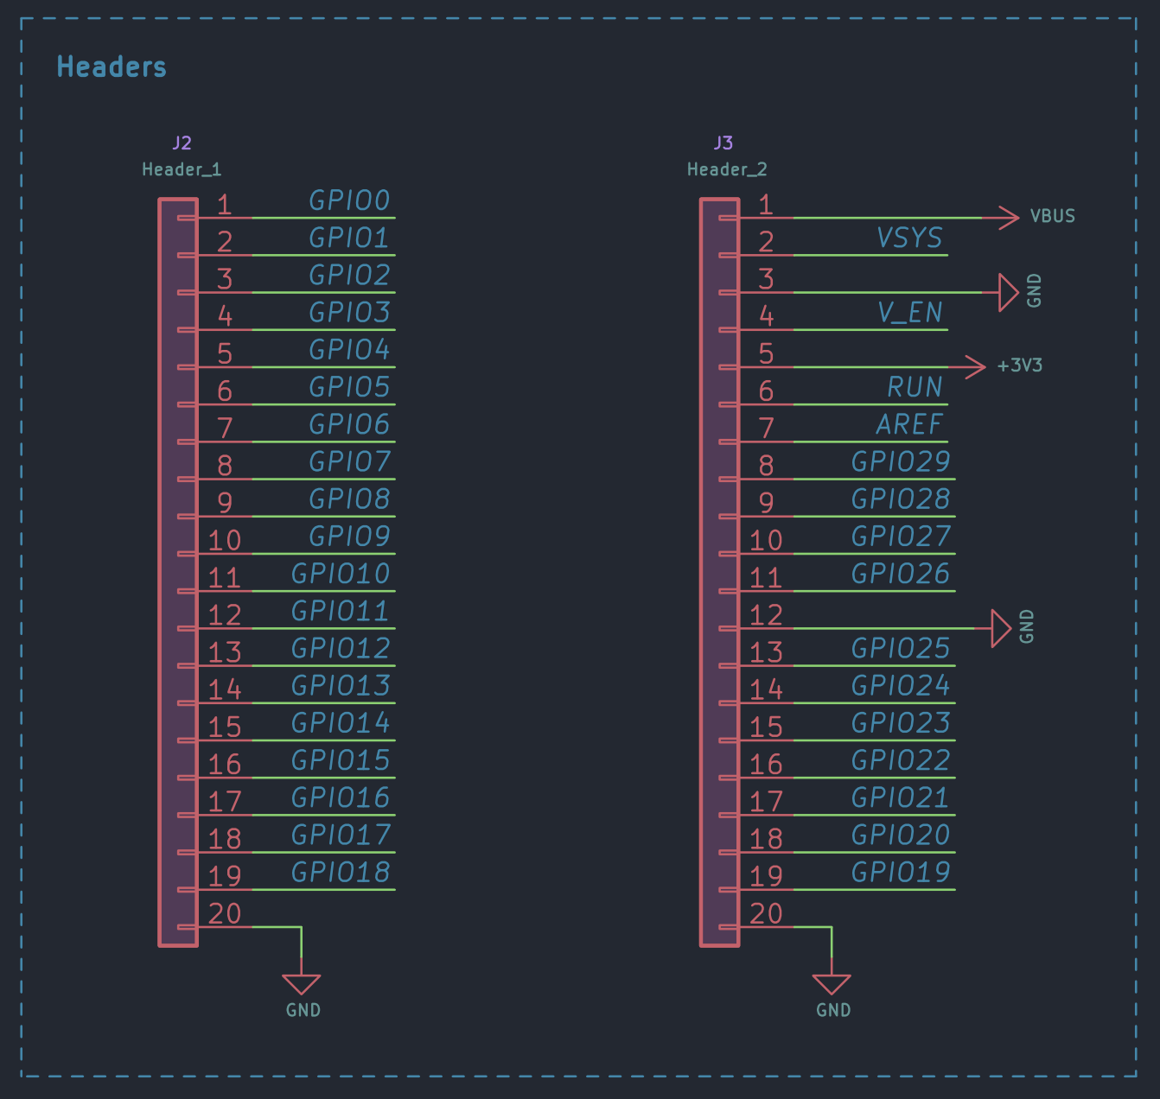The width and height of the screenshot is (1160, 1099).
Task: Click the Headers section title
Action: click(x=112, y=67)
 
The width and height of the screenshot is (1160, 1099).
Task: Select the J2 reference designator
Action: click(x=182, y=143)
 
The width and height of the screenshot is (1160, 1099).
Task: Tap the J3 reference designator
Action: click(x=723, y=143)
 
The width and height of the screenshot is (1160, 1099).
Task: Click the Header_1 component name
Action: click(x=182, y=170)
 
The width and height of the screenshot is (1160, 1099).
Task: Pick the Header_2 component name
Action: click(x=727, y=170)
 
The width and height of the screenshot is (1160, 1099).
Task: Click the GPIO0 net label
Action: click(x=349, y=200)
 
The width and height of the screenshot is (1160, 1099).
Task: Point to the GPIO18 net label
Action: click(x=341, y=872)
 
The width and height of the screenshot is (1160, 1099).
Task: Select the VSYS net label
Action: click(x=909, y=238)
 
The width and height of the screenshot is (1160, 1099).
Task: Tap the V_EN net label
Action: click(x=910, y=313)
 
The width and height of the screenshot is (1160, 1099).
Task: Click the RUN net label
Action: click(x=915, y=387)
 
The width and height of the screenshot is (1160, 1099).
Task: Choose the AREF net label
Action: click(x=909, y=424)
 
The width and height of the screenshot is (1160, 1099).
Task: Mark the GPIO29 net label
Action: click(x=901, y=461)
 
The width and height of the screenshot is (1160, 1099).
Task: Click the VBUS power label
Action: click(x=1053, y=216)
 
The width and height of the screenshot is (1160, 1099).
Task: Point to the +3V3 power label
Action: click(x=1020, y=365)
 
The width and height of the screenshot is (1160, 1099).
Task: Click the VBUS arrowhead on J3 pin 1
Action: click(x=1009, y=218)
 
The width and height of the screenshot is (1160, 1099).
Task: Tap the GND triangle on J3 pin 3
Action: click(x=1009, y=292)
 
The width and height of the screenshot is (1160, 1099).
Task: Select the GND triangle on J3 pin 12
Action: click(x=1001, y=628)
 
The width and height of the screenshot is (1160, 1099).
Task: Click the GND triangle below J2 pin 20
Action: click(x=302, y=984)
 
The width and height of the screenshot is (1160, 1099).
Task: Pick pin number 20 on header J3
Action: click(x=766, y=913)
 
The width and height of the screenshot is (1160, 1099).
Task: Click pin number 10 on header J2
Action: click(x=224, y=540)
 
